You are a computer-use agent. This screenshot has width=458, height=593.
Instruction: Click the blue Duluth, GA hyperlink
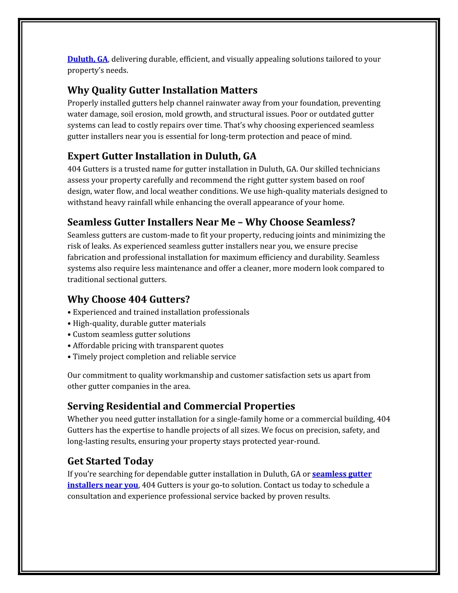click(x=88, y=59)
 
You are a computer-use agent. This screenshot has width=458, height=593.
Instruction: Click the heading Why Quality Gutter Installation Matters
click(x=162, y=90)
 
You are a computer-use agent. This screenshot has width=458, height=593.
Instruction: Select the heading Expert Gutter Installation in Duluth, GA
click(x=162, y=156)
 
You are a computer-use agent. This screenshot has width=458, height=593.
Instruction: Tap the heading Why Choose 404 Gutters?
click(x=128, y=299)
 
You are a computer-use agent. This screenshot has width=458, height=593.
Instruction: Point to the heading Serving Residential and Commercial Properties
click(x=181, y=406)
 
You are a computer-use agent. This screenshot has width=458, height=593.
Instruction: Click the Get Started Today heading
click(x=110, y=461)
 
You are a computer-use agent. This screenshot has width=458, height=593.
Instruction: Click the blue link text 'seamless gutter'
click(x=342, y=474)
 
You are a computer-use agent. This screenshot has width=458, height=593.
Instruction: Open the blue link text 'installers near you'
click(x=103, y=485)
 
